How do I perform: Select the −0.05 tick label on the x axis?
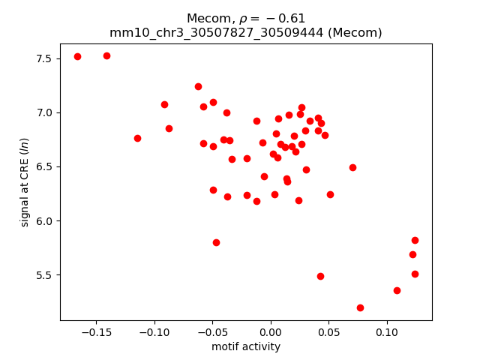tap(212, 332)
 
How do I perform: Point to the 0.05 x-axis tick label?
tap(328, 332)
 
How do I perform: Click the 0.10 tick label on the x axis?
tap(387, 332)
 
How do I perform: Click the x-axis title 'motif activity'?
tap(246, 346)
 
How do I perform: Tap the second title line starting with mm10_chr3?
tap(246, 32)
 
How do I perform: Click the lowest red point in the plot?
tap(360, 307)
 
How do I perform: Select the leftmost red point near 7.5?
tap(77, 57)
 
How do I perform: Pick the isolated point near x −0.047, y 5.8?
tap(216, 242)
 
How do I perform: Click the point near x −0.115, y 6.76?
tap(137, 138)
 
